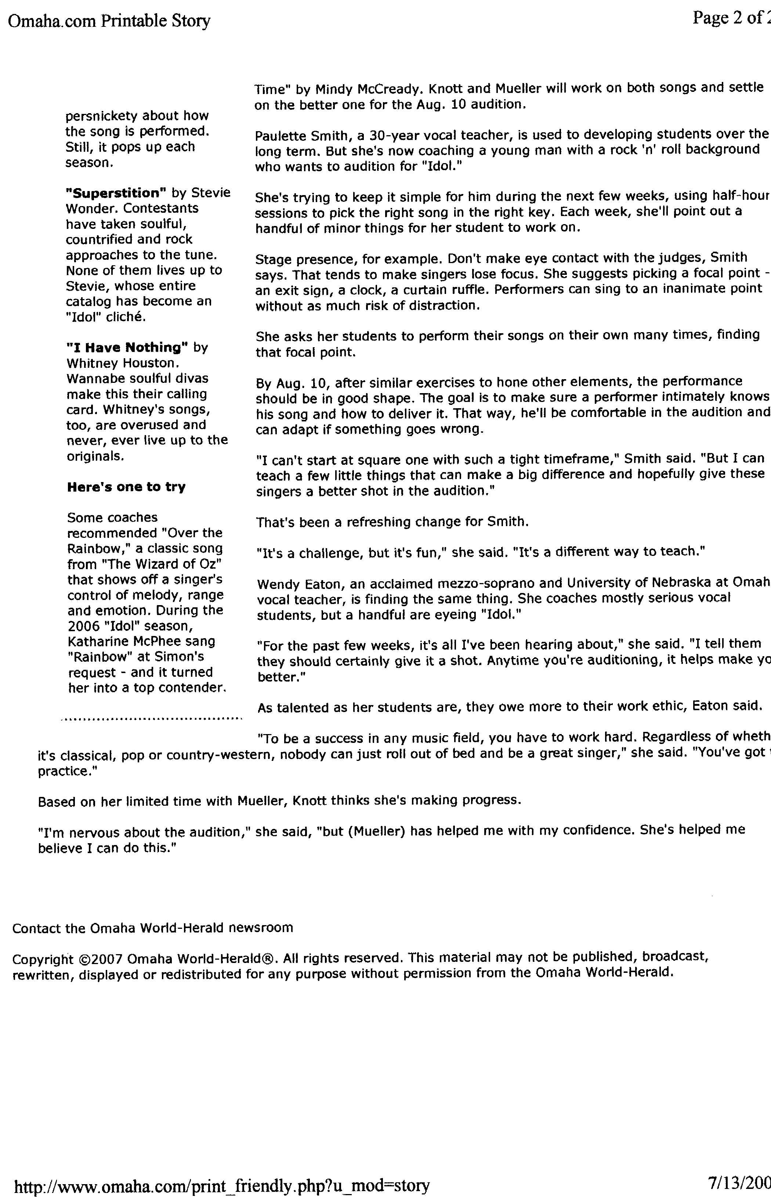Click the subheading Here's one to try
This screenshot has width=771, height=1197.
(x=126, y=487)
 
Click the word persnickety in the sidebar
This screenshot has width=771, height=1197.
(x=102, y=116)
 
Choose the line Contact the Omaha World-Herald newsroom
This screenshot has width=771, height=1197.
(x=153, y=928)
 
